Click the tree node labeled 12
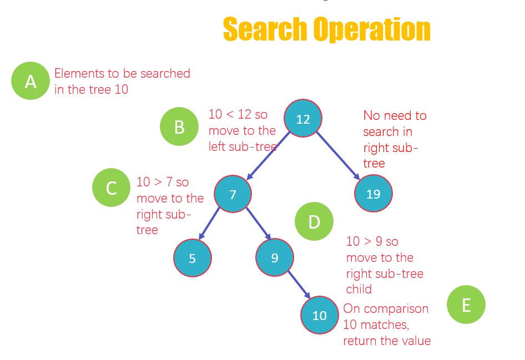[303, 119]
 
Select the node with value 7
[233, 194]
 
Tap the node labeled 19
[373, 194]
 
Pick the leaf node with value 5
[193, 258]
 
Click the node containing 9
[275, 257]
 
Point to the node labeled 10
[320, 315]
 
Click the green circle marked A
[31, 81]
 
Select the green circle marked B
[179, 127]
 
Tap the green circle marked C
[112, 188]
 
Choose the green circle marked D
[314, 222]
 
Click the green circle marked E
[466, 305]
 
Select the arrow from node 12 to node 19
[338, 156]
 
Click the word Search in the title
[264, 29]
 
